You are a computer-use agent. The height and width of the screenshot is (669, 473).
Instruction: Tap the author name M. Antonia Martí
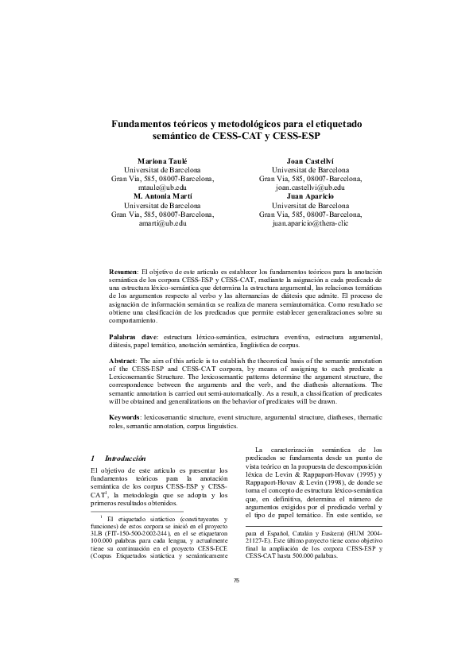(162, 195)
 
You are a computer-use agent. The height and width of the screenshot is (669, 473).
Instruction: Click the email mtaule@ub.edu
(162, 187)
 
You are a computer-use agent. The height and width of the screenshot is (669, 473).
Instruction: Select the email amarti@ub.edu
(162, 223)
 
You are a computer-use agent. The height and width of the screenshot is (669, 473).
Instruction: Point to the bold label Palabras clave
(131, 337)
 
